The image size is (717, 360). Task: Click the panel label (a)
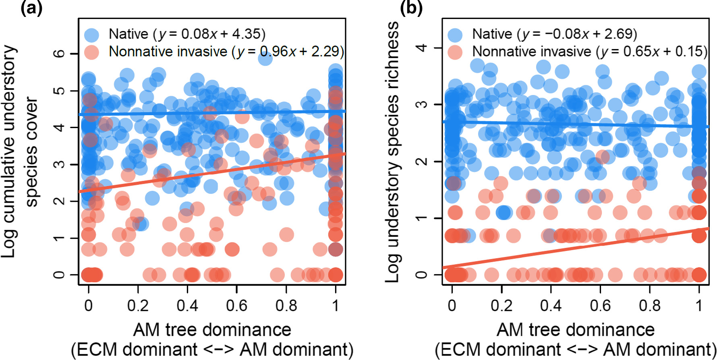(31, 8)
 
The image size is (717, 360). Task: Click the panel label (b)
(411, 8)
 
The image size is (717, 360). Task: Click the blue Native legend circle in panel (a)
(92, 35)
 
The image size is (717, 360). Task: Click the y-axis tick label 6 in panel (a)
(59, 54)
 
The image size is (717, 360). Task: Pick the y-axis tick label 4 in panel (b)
(421, 48)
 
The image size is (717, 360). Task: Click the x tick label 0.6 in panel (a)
(236, 306)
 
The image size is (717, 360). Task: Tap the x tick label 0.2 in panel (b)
(501, 306)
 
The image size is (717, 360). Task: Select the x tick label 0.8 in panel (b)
(650, 306)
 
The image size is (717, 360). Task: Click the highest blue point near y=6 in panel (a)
(265, 58)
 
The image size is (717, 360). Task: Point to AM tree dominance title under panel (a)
(212, 330)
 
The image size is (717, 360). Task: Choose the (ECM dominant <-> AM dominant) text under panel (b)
(575, 349)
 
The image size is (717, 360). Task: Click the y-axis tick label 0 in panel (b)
(421, 275)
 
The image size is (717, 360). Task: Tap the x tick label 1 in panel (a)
(336, 306)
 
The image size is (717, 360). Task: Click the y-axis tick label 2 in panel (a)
(59, 201)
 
